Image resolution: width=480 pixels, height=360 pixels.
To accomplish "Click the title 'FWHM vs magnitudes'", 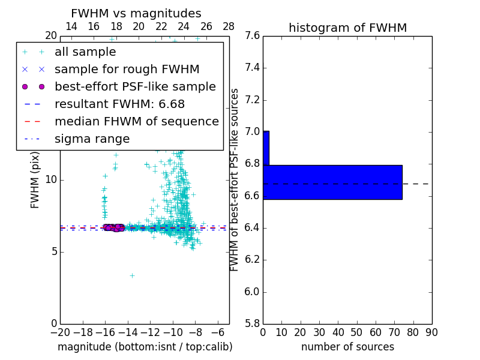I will pyautogui.click(x=136, y=14).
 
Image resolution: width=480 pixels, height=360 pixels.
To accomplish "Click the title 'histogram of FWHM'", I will pyautogui.click(x=347, y=28).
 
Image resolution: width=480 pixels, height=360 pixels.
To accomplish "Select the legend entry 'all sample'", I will pyautogui.click(x=85, y=52).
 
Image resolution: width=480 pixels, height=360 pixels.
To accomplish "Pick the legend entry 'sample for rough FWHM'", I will pyautogui.click(x=127, y=69).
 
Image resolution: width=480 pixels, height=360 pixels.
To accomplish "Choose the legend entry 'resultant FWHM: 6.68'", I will pyautogui.click(x=127, y=104).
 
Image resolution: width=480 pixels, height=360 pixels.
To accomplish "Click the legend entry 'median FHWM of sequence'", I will pyautogui.click(x=136, y=121).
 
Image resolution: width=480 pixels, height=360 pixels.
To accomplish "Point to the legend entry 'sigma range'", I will pyautogui.click(x=92, y=139).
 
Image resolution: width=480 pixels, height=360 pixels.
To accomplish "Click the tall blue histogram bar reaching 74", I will pyautogui.click(x=332, y=182).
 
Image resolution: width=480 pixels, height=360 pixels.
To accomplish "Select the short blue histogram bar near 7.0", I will pyautogui.click(x=266, y=148).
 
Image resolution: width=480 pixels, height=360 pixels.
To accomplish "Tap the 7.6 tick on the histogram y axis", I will pyautogui.click(x=252, y=35).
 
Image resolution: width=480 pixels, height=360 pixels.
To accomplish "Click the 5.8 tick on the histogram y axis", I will pyautogui.click(x=252, y=324).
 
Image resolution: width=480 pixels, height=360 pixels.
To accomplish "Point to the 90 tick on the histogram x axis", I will pyautogui.click(x=431, y=332).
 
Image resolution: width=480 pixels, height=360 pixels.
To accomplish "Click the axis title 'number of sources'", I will pyautogui.click(x=347, y=347).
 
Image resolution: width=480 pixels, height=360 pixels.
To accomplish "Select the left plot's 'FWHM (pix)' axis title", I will pyautogui.click(x=35, y=180).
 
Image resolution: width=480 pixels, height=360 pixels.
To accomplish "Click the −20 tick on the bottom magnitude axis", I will pyautogui.click(x=60, y=332).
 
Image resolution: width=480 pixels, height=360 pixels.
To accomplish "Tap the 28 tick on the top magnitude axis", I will pyautogui.click(x=229, y=26).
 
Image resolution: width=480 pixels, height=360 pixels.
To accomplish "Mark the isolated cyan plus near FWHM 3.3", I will pyautogui.click(x=132, y=276).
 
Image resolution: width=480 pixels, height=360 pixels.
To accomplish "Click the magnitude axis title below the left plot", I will pyautogui.click(x=145, y=347).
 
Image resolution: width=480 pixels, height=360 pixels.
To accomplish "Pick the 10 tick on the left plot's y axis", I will pyautogui.click(x=51, y=179).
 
